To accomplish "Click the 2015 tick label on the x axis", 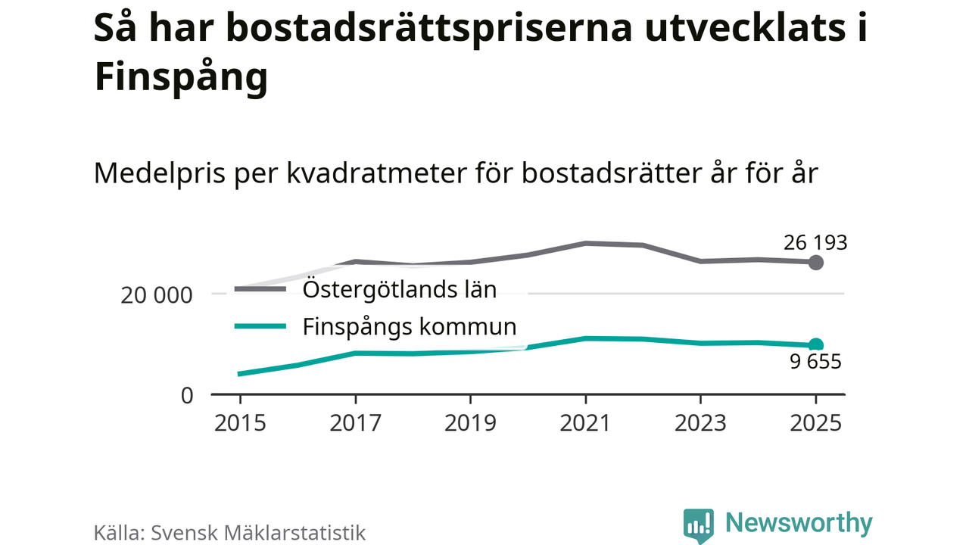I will point(240,422).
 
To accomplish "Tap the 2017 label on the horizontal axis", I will point(355,422).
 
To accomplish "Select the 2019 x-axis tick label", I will point(471,422).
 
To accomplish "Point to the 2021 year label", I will point(585,422).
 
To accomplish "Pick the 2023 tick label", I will point(701,422).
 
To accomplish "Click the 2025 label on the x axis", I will point(815,422).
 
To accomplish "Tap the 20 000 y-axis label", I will point(157,295).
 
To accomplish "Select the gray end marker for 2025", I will point(815,263).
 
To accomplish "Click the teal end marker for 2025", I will point(815,345).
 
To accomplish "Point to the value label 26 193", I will point(815,243).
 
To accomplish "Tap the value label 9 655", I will point(815,362).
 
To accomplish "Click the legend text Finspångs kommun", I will point(410,327).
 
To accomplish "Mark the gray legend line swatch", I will point(260,289).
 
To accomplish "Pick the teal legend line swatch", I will point(260,327).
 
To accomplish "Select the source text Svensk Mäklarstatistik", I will point(258,532).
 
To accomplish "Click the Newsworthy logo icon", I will point(698,525).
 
